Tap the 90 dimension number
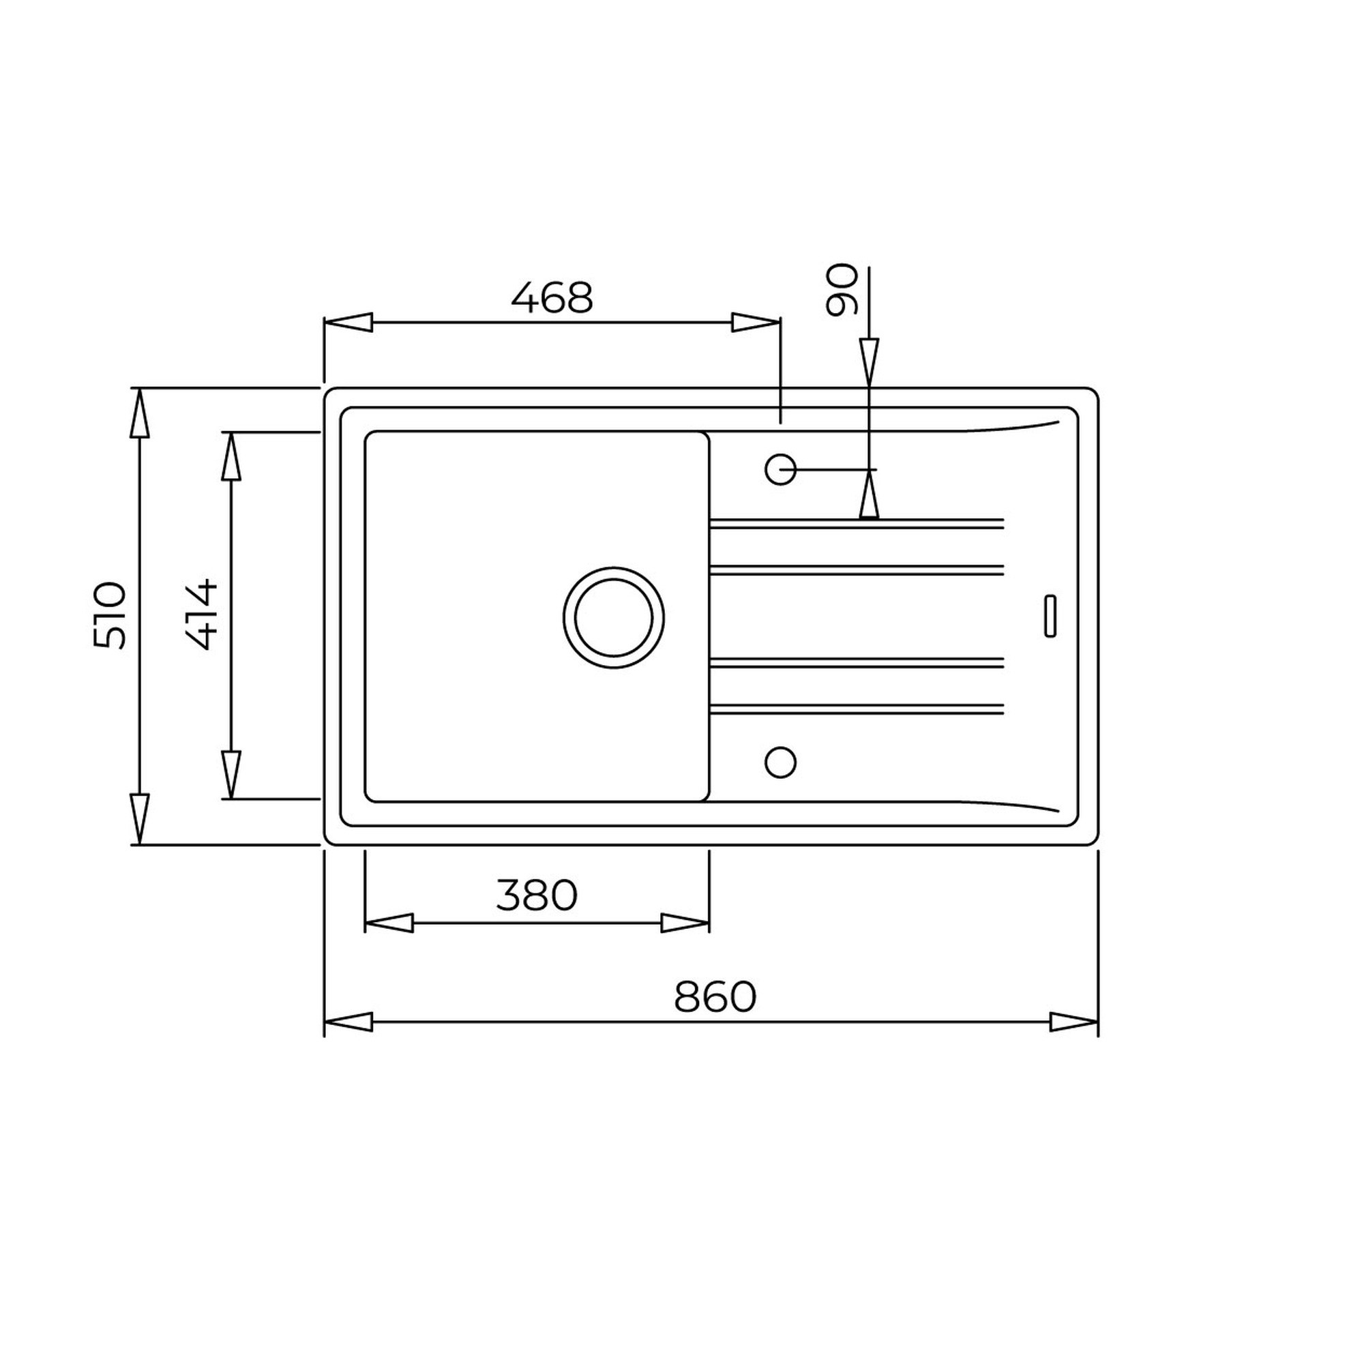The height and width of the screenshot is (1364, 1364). click(x=842, y=290)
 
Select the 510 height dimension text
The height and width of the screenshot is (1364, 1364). click(x=109, y=615)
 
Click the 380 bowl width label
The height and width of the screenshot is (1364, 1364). click(x=537, y=895)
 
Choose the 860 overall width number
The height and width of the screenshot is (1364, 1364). click(x=715, y=997)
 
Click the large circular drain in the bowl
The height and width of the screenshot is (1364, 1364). click(x=614, y=618)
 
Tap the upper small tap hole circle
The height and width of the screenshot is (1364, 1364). click(x=780, y=469)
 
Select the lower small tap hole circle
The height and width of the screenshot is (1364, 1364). click(x=780, y=762)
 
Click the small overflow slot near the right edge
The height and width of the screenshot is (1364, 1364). click(x=1050, y=617)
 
